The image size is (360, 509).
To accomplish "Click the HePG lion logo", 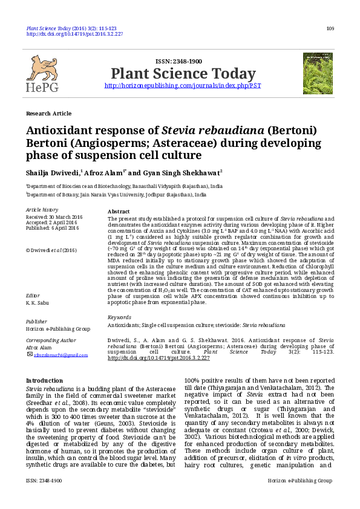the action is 42,74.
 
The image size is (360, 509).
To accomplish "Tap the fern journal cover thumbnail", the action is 318,73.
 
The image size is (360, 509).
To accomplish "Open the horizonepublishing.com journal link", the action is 183,86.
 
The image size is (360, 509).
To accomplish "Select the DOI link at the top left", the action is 74,34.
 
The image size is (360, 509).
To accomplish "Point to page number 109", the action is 330,28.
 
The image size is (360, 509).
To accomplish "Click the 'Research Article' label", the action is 48,113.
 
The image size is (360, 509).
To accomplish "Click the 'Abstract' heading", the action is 118,211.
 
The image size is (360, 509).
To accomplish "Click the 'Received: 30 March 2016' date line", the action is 54,216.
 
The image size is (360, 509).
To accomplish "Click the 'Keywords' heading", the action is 119,317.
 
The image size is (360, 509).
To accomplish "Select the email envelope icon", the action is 30,354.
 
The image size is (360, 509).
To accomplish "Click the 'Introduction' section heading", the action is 44,380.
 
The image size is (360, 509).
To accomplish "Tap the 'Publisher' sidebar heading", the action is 36,322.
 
